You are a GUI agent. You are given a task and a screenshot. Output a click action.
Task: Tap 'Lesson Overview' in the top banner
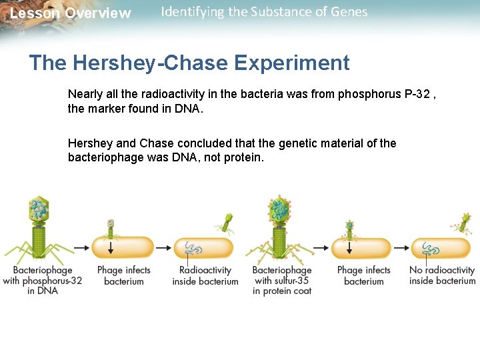point(70,13)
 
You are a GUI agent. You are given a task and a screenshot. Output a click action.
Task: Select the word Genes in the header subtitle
point(349,12)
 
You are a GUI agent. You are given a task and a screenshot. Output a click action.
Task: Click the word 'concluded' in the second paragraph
point(199,143)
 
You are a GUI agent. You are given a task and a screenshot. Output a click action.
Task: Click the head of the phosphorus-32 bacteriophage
point(39,209)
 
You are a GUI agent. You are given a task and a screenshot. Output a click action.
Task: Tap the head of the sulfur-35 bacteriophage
point(281,209)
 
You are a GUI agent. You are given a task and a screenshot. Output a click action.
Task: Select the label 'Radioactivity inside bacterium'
point(205,275)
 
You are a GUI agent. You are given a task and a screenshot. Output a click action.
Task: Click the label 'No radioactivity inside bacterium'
point(442,275)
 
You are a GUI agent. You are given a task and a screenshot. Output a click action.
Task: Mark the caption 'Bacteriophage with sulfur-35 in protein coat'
point(282,280)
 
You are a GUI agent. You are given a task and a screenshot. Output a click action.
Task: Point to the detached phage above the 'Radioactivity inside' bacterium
point(227,223)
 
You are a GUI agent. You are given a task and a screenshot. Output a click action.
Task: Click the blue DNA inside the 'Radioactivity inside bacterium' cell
point(194,249)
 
